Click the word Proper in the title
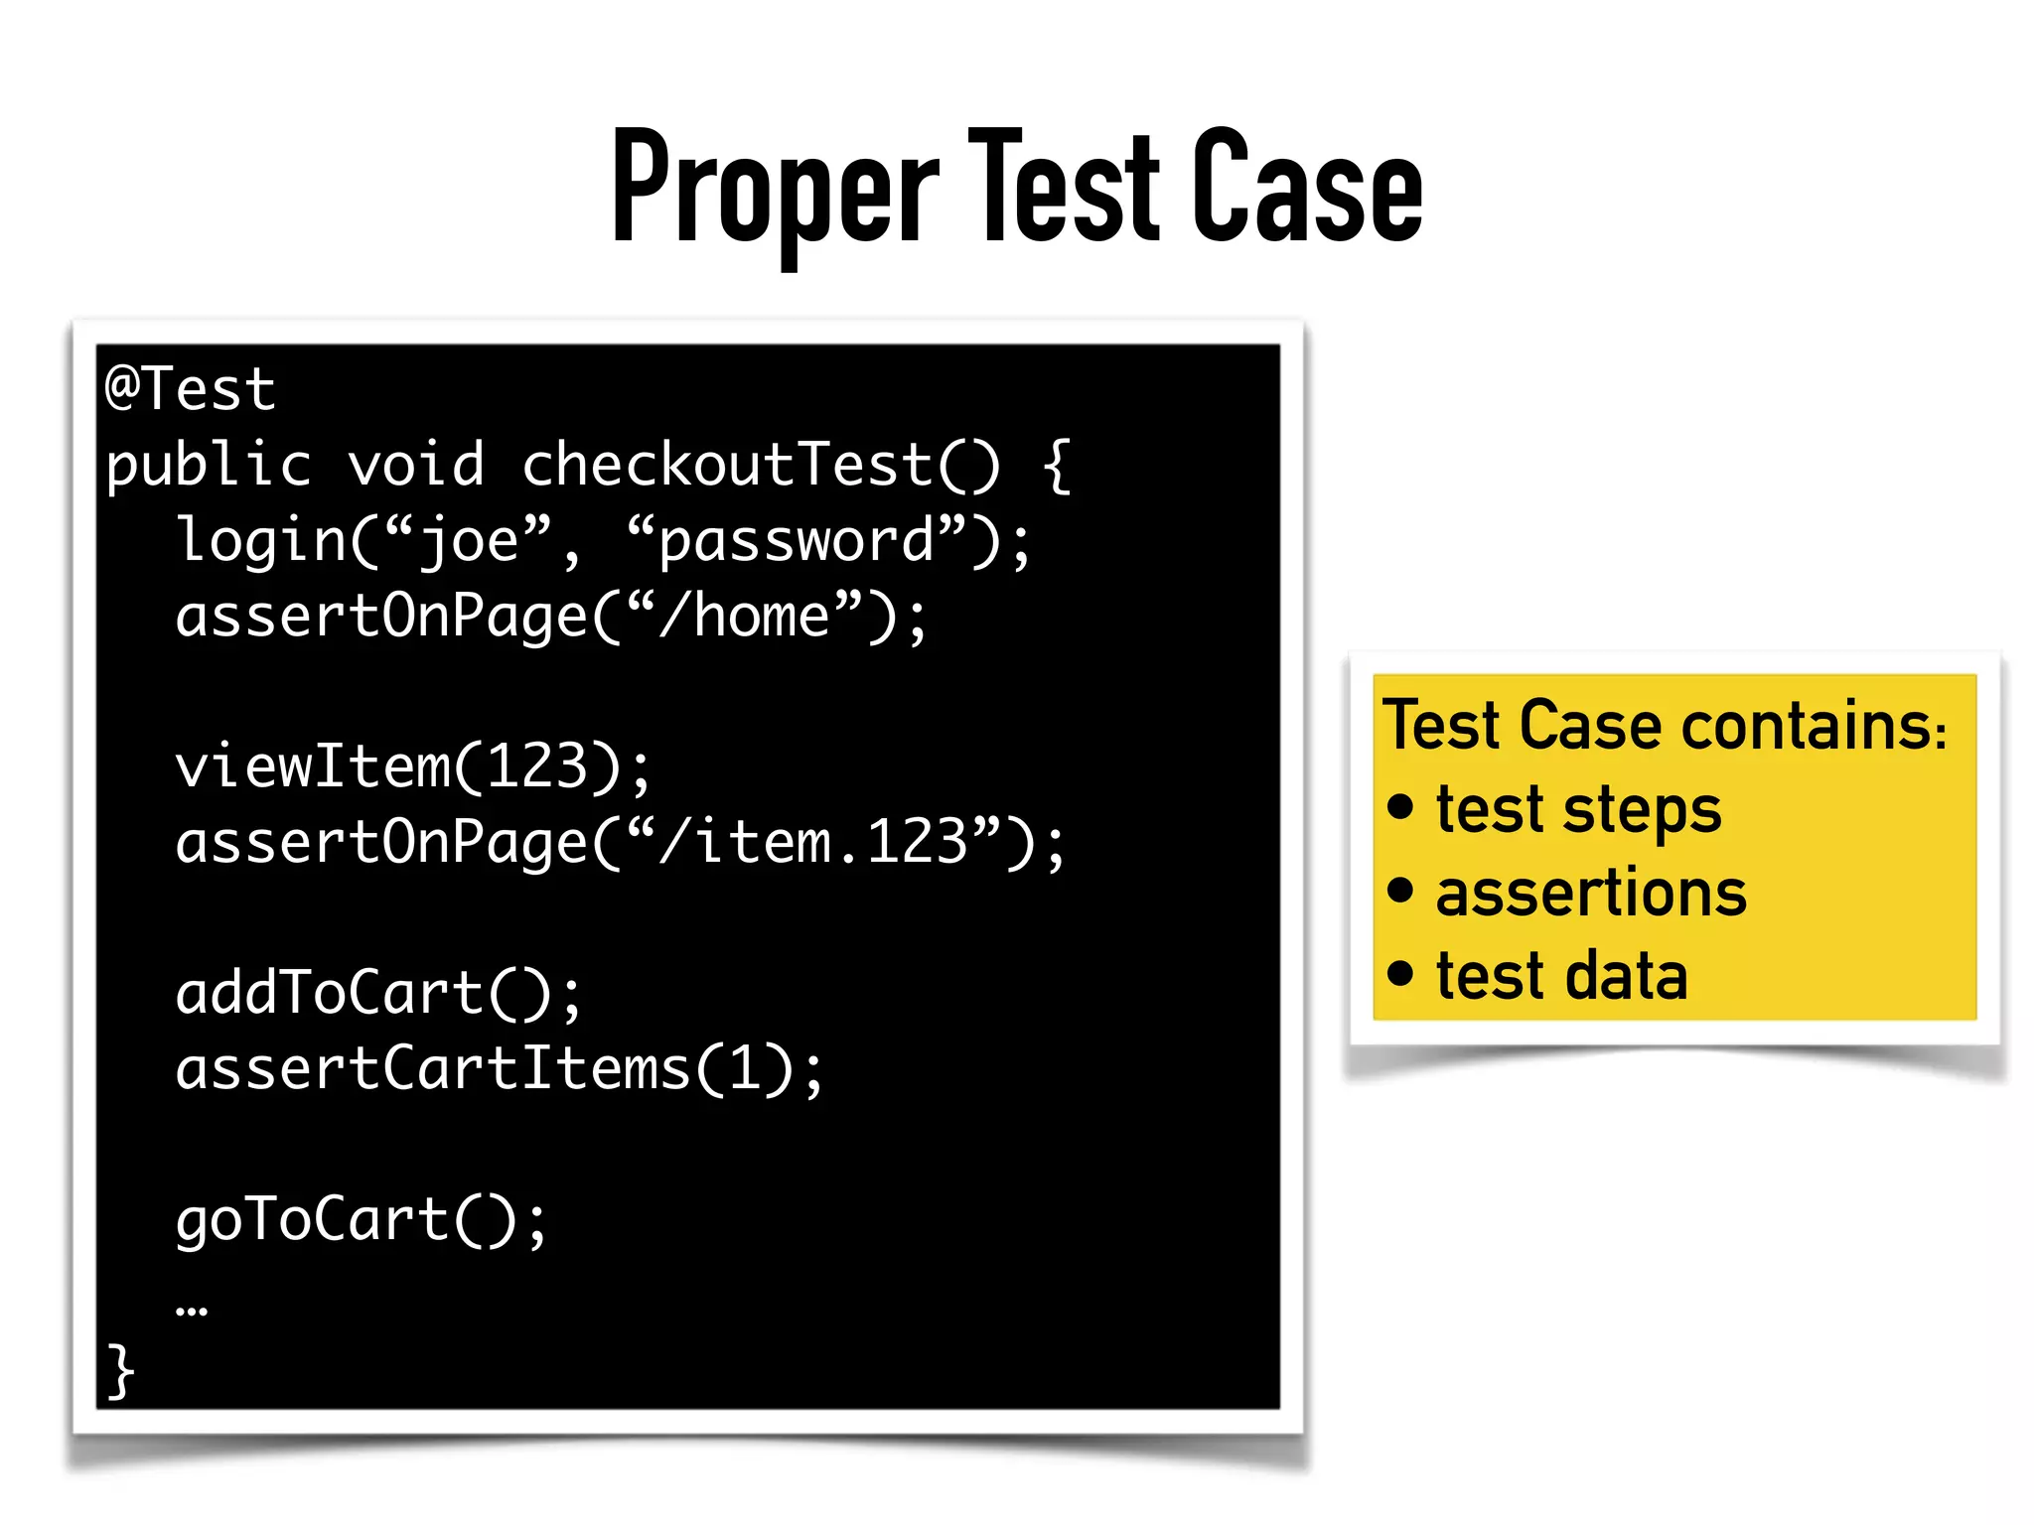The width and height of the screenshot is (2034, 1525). click(x=775, y=189)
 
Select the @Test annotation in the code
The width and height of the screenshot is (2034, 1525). click(x=191, y=388)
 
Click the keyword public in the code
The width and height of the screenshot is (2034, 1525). click(x=209, y=466)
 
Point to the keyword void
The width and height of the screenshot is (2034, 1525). click(x=416, y=466)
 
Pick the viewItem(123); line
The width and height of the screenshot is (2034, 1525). click(x=413, y=767)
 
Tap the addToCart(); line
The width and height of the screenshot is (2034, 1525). click(x=378, y=994)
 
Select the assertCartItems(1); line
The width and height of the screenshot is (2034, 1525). click(x=500, y=1069)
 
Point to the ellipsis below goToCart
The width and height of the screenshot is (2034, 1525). click(x=192, y=1311)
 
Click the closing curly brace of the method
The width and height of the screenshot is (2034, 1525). click(x=120, y=1371)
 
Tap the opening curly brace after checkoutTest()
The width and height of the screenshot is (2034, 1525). click(x=1057, y=466)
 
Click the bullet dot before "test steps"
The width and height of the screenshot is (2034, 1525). click(x=1400, y=806)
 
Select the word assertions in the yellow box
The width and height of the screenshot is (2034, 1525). click(x=1591, y=893)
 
